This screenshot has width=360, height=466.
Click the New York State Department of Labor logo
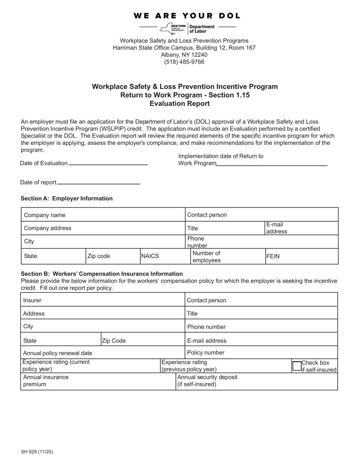pyautogui.click(x=188, y=28)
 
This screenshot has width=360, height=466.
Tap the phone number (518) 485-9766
pyautogui.click(x=184, y=62)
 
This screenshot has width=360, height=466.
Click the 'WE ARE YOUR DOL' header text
pyautogui.click(x=187, y=16)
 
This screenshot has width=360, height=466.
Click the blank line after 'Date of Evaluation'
pyautogui.click(x=108, y=163)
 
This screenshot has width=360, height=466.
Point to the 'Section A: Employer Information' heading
pyautogui.click(x=67, y=199)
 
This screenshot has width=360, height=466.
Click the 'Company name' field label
pyautogui.click(x=45, y=215)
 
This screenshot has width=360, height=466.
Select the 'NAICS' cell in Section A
pyautogui.click(x=150, y=256)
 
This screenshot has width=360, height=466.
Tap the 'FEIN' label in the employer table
pyautogui.click(x=273, y=256)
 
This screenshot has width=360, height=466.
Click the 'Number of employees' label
pyautogui.click(x=207, y=256)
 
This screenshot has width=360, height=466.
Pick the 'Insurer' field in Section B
pyautogui.click(x=33, y=300)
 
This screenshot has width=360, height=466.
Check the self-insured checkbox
pyautogui.click(x=297, y=366)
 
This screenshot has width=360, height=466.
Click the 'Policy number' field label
pyautogui.click(x=206, y=353)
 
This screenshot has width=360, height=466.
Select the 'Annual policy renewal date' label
pyautogui.click(x=58, y=353)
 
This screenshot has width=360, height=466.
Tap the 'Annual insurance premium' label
pyautogui.click(x=46, y=381)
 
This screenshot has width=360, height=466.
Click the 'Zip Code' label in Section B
pyautogui.click(x=114, y=341)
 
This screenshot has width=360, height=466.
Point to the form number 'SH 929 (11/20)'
pyautogui.click(x=37, y=452)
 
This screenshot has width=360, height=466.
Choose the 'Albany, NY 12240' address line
pyautogui.click(x=184, y=55)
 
